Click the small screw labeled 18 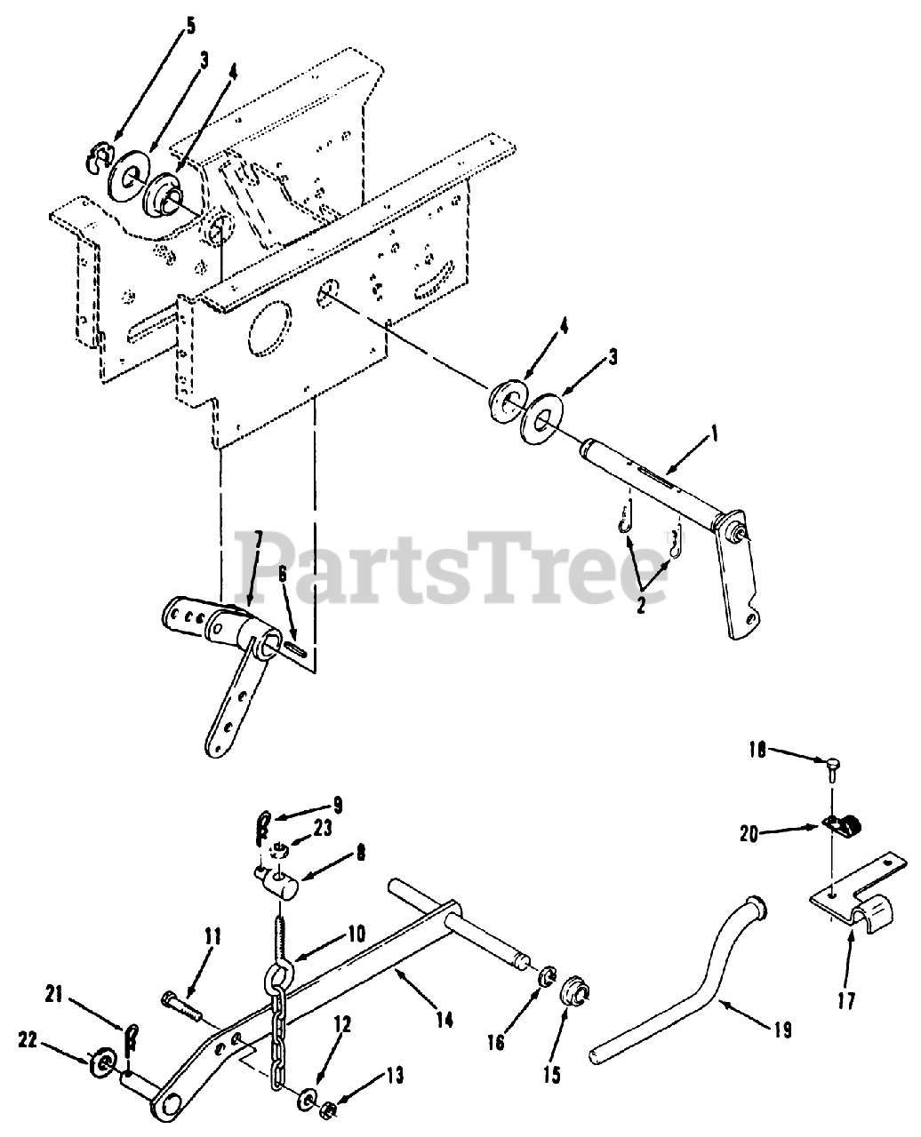(832, 763)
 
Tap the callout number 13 (393, 1077)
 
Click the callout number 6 (282, 574)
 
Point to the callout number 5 (189, 26)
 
